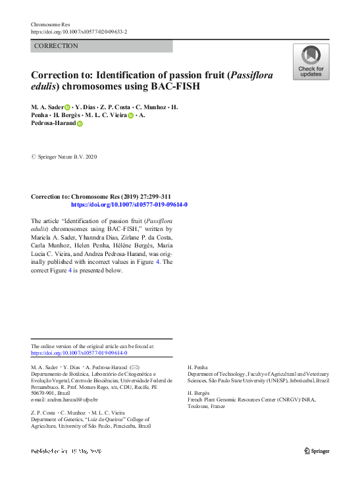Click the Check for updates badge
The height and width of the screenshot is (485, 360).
(311, 62)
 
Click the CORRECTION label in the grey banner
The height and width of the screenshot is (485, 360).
(56, 46)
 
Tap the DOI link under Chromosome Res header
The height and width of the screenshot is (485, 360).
(79, 32)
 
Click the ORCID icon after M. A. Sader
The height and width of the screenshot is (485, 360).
(66, 107)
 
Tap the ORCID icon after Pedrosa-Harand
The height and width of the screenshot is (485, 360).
(80, 123)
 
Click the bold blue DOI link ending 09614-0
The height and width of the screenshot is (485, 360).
(129, 205)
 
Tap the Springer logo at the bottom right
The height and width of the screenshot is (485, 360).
(317, 451)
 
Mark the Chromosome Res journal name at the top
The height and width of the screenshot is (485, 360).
(50, 24)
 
